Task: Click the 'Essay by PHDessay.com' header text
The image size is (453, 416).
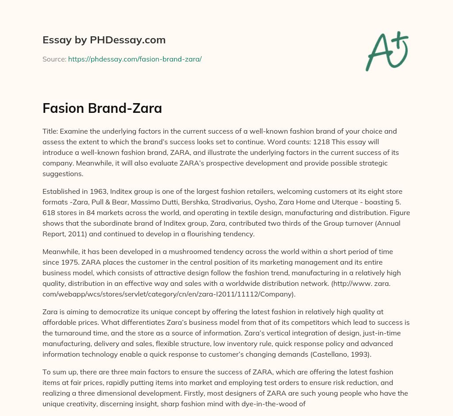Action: pos(104,40)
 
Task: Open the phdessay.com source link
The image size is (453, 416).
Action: pos(135,59)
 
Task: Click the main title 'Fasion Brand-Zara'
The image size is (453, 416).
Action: pos(102,108)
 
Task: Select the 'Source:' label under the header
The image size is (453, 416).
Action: pos(54,59)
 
